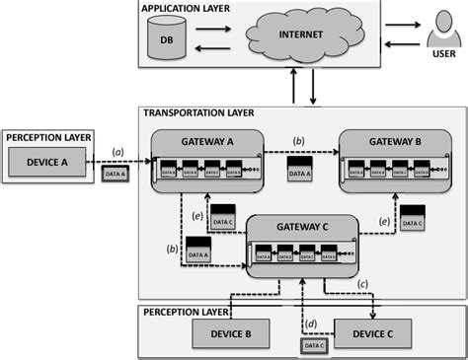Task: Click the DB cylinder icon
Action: click(167, 40)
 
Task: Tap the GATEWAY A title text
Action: click(207, 142)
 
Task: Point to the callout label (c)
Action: click(362, 285)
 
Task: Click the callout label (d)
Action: click(313, 321)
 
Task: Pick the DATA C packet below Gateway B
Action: click(413, 219)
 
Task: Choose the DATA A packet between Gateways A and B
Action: click(298, 169)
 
